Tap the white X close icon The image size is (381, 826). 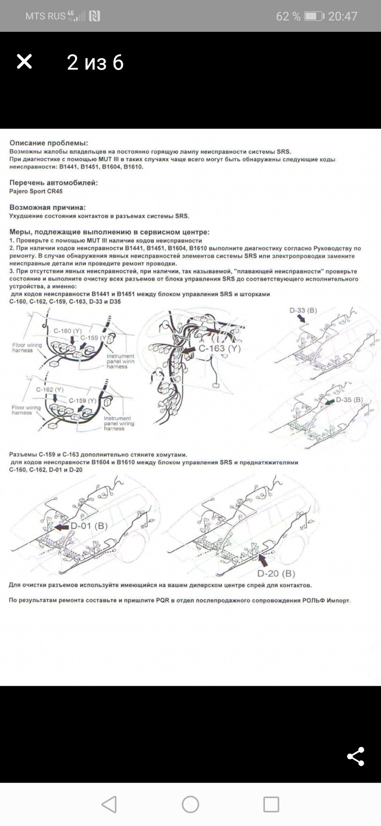pyautogui.click(x=24, y=62)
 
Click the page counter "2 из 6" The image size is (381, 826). pyautogui.click(x=95, y=62)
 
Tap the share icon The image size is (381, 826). pyautogui.click(x=355, y=756)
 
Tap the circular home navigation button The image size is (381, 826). pyautogui.click(x=190, y=804)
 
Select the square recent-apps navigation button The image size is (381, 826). pyautogui.click(x=271, y=804)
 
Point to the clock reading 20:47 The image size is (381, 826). pyautogui.click(x=343, y=16)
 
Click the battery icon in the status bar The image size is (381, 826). pyautogui.click(x=314, y=16)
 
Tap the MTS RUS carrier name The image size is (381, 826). pyautogui.click(x=45, y=16)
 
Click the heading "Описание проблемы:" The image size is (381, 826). pyautogui.click(x=49, y=143)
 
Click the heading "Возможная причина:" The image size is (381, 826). pyautogui.click(x=47, y=207)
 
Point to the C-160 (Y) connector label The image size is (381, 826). pyautogui.click(x=67, y=331)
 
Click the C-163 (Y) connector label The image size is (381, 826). pyautogui.click(x=219, y=348)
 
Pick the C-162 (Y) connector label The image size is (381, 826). pyautogui.click(x=49, y=389)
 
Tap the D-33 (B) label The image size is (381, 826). pyautogui.click(x=303, y=310)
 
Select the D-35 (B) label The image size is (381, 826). pyautogui.click(x=349, y=400)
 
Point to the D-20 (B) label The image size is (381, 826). pyautogui.click(x=276, y=573)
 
